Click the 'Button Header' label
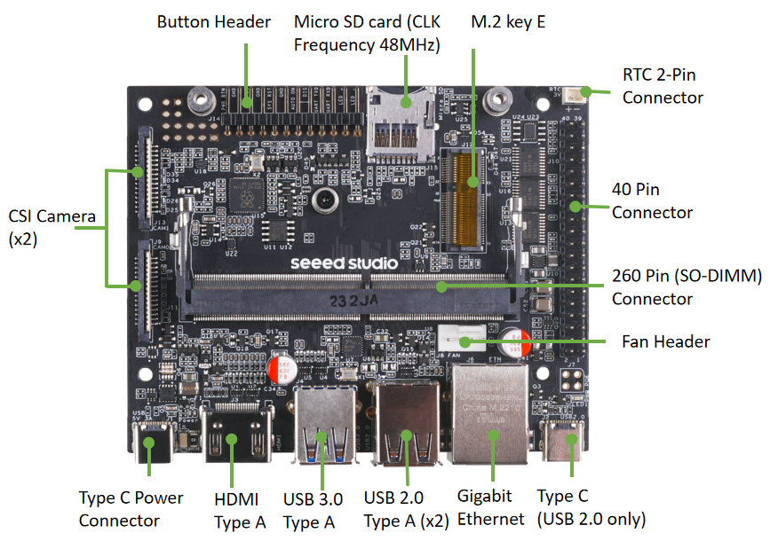pos(213,22)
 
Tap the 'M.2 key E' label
pos(507,22)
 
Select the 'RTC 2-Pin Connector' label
pos(663,86)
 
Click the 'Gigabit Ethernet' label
pos(485,507)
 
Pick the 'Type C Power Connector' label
pos(131,509)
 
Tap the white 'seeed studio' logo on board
pos(344,263)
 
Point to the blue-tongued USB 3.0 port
pos(325,428)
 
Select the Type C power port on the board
pos(148,442)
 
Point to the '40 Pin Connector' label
pos(652,200)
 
